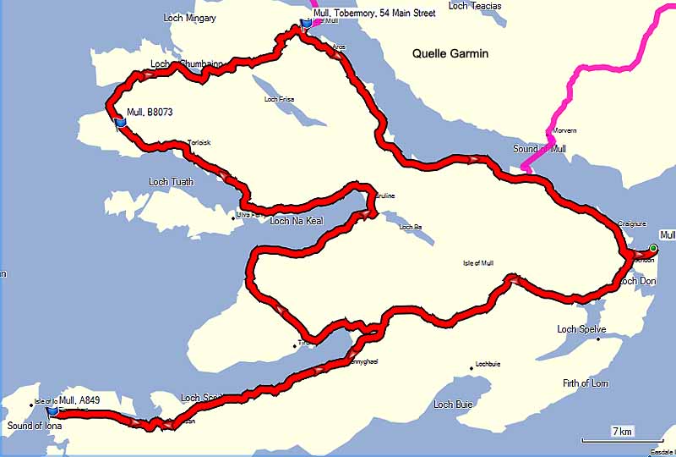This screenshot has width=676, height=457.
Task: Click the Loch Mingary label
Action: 191,18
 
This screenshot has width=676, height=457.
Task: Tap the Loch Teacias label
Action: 474,6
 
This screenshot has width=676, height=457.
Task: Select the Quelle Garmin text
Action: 450,53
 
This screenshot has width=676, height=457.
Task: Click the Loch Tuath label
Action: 171,182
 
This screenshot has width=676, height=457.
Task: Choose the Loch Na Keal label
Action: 297,221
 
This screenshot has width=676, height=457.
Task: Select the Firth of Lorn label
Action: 585,383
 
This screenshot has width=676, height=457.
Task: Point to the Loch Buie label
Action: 455,405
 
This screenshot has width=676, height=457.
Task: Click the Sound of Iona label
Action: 31,426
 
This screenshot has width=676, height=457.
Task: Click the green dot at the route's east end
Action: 653,248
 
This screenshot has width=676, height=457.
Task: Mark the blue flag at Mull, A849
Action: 52,411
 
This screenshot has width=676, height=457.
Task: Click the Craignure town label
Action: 632,224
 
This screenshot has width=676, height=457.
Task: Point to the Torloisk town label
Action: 199,143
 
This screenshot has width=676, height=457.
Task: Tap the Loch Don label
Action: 637,281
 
